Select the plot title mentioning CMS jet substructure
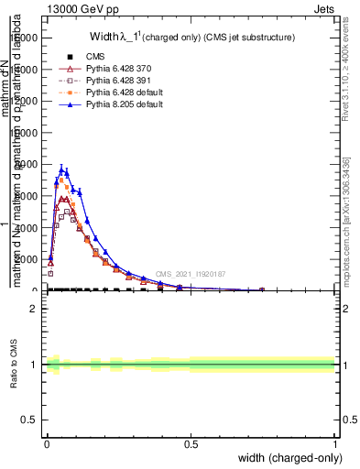click(x=191, y=37)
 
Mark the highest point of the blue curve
click(x=61, y=168)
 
